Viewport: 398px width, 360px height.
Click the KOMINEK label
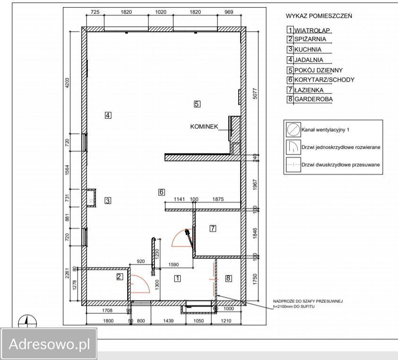[204, 126]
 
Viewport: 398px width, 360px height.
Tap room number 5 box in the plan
[197, 104]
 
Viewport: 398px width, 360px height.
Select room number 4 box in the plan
[108, 115]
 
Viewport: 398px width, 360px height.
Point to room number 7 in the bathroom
[213, 228]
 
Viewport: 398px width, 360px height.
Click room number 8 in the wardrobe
[228, 278]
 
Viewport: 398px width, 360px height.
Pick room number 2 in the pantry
[120, 276]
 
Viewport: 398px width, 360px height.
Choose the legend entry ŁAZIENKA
[309, 90]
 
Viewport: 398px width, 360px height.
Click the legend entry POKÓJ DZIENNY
[319, 70]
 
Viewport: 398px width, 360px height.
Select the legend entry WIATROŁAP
[312, 30]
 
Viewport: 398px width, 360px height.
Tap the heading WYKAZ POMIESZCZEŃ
[319, 16]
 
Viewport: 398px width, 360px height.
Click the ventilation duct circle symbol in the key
[294, 129]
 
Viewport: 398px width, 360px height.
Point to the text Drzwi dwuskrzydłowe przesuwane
[341, 165]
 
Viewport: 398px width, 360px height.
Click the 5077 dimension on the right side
[255, 94]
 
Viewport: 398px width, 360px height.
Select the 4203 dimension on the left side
[67, 83]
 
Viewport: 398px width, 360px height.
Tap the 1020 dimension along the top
[161, 12]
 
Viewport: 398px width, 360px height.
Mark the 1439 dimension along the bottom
[168, 321]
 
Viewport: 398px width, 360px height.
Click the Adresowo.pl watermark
[49, 344]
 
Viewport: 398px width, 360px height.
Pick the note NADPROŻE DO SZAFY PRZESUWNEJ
[308, 301]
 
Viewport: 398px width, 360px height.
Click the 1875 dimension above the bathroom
[218, 199]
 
